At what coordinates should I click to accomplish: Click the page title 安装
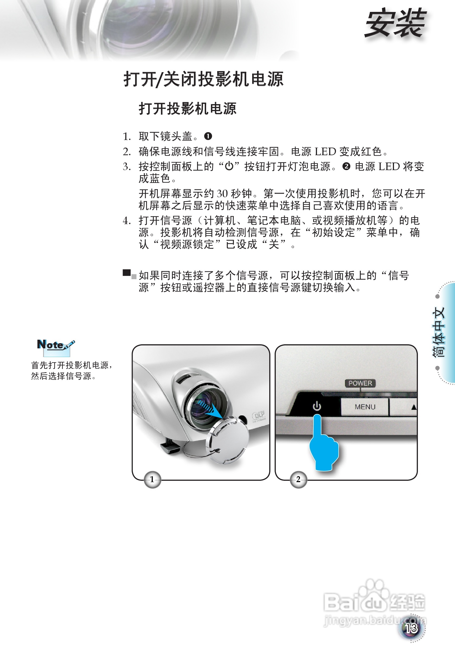395,23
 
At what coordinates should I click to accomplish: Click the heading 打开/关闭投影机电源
203,79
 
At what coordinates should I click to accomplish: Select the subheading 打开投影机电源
187,109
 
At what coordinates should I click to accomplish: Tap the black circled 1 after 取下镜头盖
208,136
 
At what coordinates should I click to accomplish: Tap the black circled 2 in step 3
346,167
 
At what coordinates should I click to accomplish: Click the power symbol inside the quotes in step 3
229,166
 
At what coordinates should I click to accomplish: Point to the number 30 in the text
222,193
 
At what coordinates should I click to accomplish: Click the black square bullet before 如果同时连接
127,273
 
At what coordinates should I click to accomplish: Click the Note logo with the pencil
56,346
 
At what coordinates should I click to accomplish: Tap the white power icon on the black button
317,406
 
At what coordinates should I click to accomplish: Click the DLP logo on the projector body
258,415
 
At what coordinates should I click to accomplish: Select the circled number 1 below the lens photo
152,479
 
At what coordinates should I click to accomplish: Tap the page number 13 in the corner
411,628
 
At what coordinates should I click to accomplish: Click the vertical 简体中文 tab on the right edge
439,332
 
